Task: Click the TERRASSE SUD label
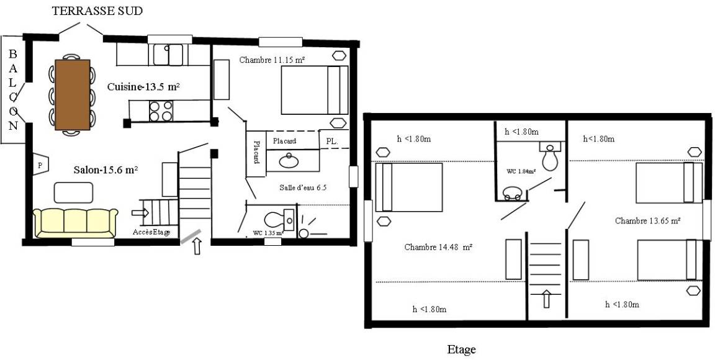[97, 11]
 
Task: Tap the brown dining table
[73, 95]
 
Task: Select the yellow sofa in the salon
[75, 223]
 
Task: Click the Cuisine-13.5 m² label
[143, 87]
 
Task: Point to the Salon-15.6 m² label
[106, 169]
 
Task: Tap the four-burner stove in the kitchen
[161, 111]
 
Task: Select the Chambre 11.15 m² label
[272, 60]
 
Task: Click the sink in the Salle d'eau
[289, 161]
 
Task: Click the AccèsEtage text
[152, 232]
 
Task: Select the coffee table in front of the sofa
[73, 192]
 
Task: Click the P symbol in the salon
[40, 166]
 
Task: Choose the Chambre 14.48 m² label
[438, 247]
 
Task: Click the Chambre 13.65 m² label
[648, 221]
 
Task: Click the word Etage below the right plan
[461, 350]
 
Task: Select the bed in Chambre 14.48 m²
[409, 187]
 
